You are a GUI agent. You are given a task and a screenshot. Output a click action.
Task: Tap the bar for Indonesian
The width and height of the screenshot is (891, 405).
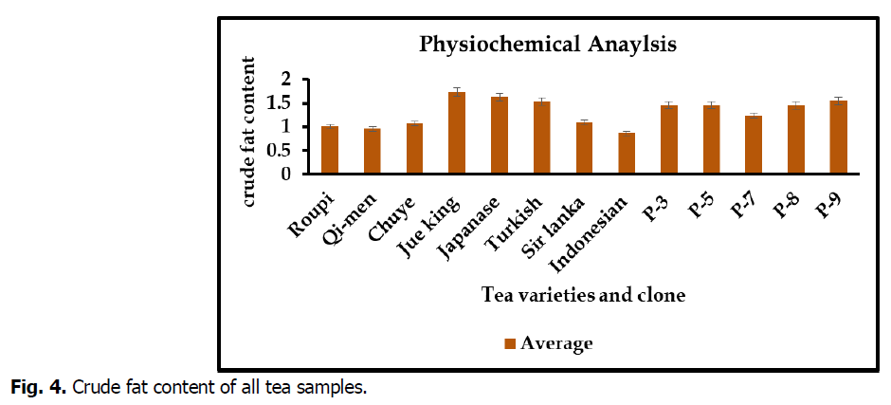[627, 154]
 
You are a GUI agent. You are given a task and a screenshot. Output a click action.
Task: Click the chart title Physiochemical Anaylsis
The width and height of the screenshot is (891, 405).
[548, 45]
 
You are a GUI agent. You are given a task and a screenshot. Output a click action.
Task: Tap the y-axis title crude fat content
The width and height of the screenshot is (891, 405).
[249, 132]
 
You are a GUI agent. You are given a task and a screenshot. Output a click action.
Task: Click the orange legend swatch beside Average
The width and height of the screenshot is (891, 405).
[509, 343]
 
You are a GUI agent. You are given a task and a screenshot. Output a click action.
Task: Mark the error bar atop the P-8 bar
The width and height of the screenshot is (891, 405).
[796, 103]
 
